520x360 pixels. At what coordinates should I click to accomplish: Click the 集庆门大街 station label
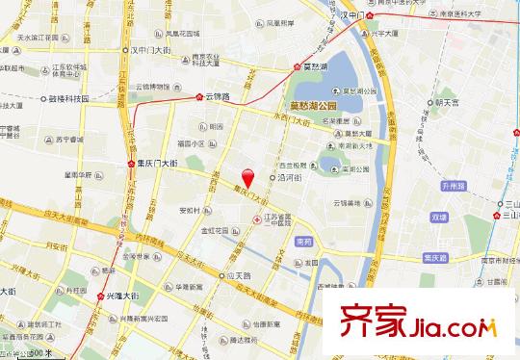152,165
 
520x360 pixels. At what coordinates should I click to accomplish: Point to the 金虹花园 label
213,231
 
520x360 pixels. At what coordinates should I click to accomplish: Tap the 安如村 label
189,211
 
